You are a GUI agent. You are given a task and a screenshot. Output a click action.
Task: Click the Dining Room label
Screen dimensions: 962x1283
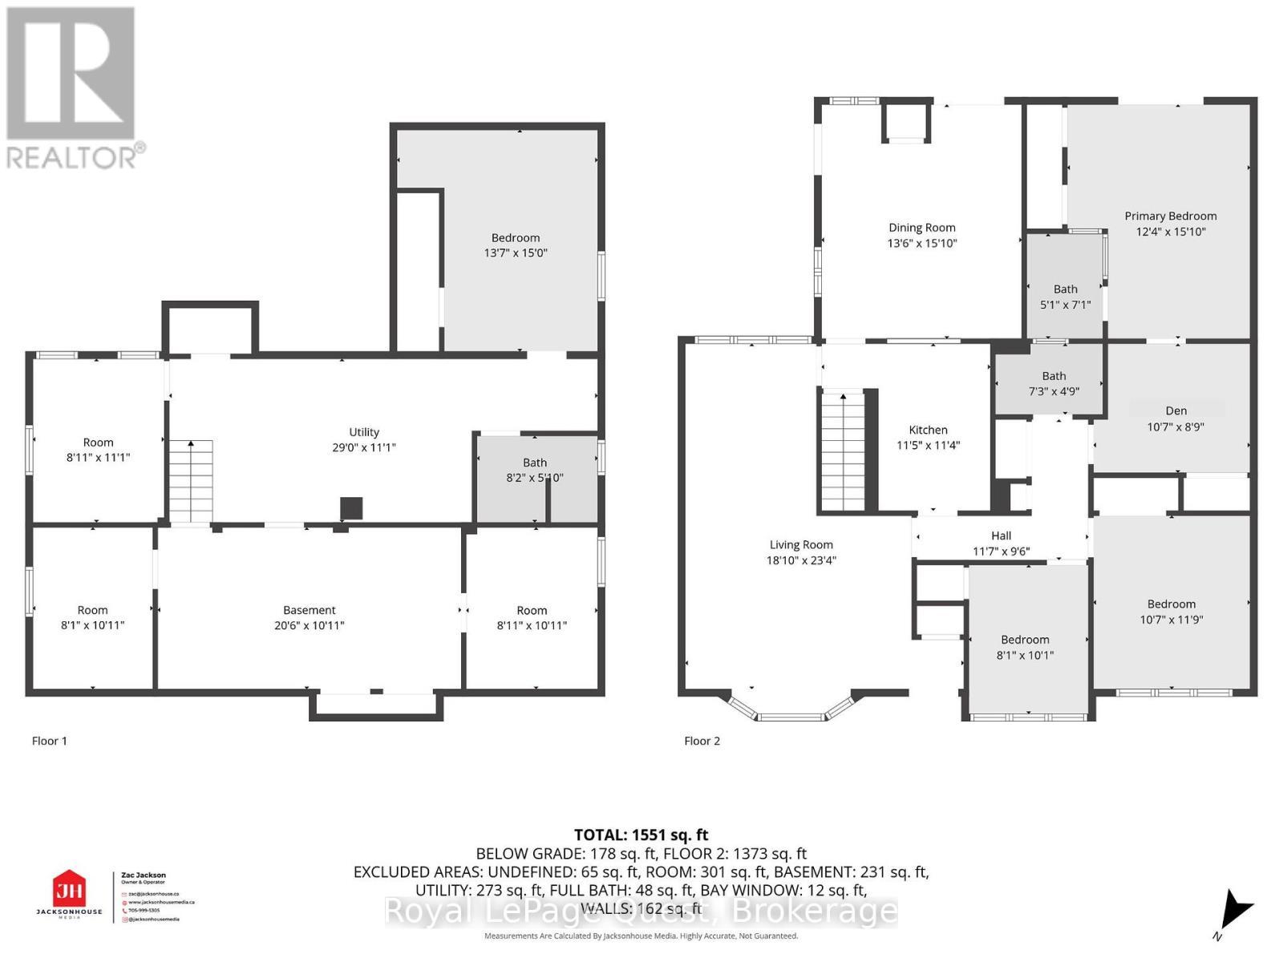pos(921,228)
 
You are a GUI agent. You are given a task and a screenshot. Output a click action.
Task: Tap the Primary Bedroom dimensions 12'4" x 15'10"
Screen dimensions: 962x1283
pos(1170,232)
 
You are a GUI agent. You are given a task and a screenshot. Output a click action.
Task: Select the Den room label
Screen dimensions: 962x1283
pos(1176,410)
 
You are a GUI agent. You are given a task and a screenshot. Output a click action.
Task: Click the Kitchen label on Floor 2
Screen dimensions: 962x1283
pos(928,430)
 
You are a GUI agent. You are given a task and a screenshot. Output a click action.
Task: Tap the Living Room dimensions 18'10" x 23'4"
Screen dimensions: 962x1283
pos(800,560)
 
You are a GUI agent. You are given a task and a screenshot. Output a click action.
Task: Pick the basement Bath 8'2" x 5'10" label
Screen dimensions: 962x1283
pos(535,470)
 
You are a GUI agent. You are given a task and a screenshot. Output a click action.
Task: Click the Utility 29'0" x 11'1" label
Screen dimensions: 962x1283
pos(363,439)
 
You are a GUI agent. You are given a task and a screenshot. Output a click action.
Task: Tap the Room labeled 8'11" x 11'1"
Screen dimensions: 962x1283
pos(98,450)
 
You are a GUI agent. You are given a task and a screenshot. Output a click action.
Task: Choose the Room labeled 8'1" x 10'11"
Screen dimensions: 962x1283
pos(92,617)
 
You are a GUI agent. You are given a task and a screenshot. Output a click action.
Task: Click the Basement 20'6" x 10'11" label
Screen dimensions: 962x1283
pos(309,617)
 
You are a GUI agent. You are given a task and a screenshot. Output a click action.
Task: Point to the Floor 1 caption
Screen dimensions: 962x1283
pos(49,741)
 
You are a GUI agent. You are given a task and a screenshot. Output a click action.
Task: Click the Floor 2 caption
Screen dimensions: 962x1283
pos(702,741)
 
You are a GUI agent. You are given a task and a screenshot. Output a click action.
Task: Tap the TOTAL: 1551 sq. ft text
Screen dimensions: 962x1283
pos(641,835)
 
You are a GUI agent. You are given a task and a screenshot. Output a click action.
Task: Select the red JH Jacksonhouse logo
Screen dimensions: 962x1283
pos(69,890)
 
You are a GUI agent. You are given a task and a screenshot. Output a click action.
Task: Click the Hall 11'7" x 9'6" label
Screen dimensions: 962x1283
pos(1001,544)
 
